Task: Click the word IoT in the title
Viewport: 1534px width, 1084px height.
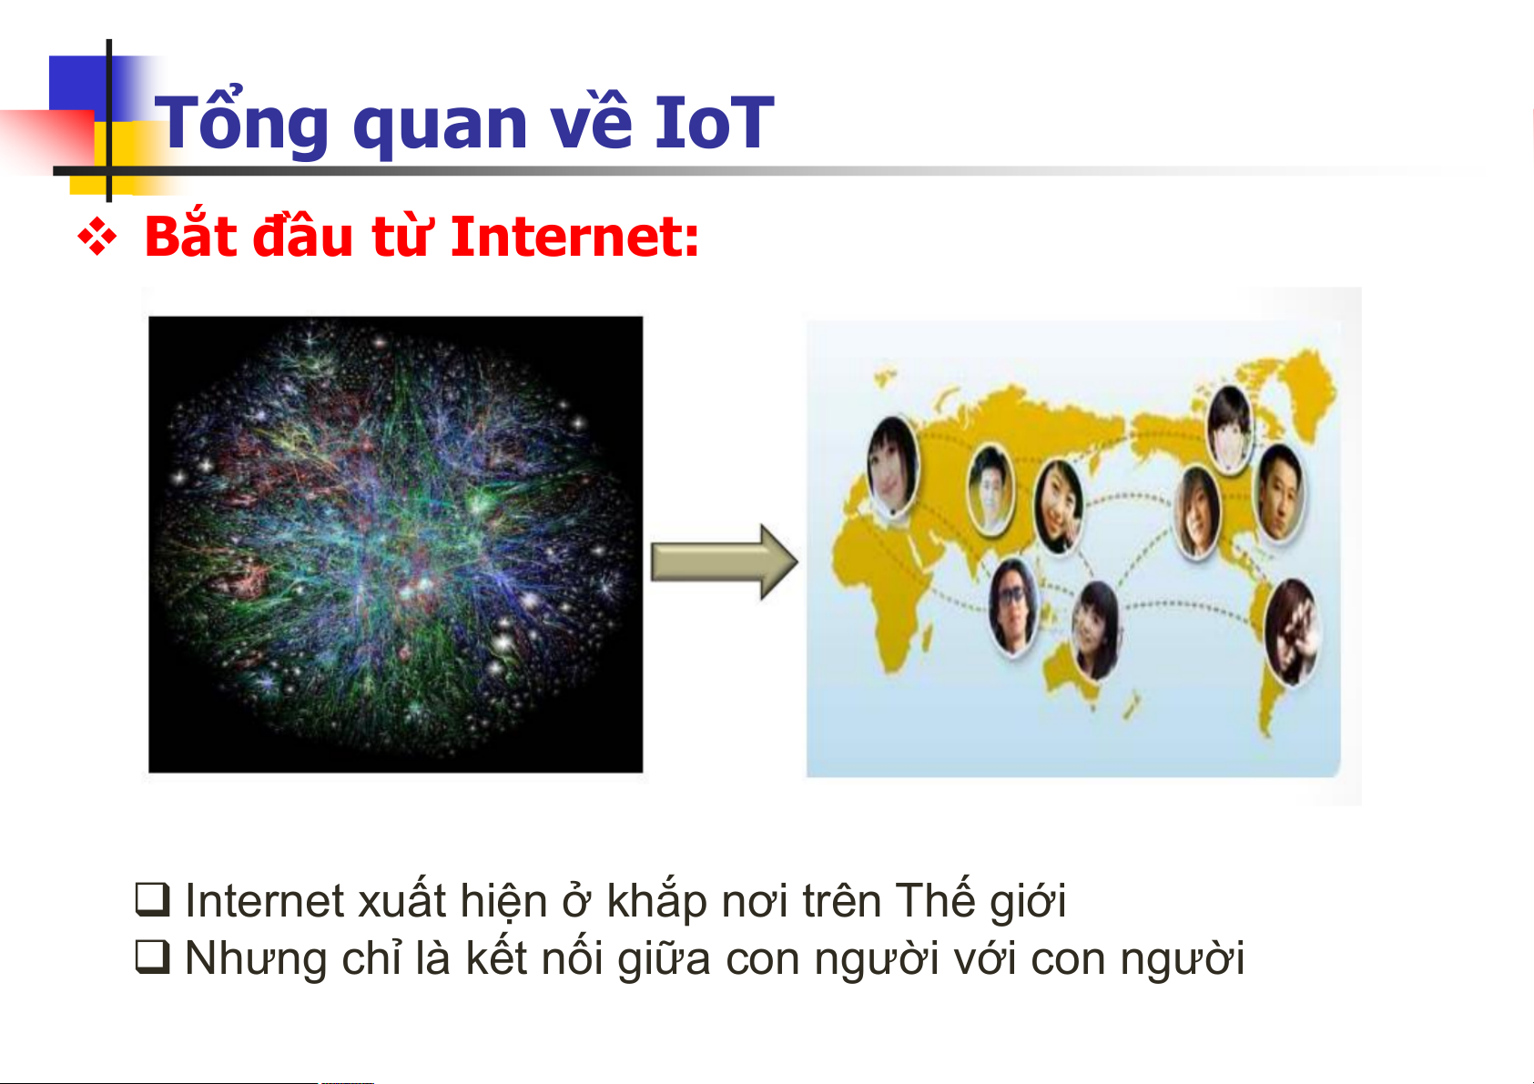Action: tap(715, 122)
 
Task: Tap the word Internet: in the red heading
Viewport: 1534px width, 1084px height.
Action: tap(574, 237)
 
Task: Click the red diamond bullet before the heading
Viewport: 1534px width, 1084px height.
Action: tap(97, 237)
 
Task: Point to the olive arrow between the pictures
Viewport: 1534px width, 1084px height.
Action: tap(724, 562)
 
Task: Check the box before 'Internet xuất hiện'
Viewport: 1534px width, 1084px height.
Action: tap(152, 899)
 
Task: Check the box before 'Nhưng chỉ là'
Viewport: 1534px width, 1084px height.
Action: tap(152, 957)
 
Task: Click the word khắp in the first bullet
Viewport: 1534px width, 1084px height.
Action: tap(656, 900)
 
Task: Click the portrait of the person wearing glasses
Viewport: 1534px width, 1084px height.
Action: tap(1013, 607)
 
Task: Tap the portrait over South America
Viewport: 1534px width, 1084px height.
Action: tap(1292, 632)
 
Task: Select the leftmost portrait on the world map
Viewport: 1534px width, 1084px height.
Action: tap(892, 466)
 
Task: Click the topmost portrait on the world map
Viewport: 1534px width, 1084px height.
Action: tap(1229, 428)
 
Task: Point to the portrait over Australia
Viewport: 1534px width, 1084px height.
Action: tap(1095, 629)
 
